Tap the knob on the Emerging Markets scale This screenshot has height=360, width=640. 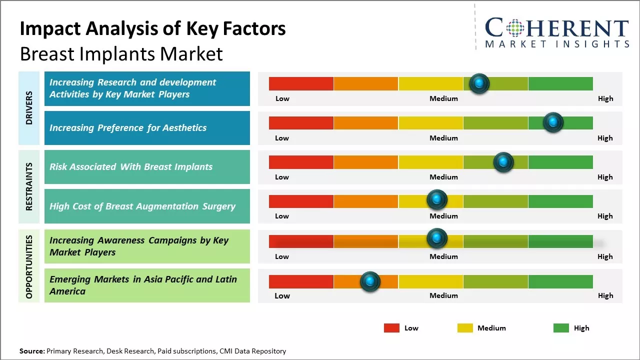tap(370, 281)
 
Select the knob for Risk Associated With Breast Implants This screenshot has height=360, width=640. tap(503, 162)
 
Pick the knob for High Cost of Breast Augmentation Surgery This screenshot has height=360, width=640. tap(437, 200)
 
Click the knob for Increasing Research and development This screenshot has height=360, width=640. tap(479, 83)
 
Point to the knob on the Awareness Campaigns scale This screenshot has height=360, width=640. tap(437, 238)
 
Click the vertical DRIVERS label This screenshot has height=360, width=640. tap(29, 108)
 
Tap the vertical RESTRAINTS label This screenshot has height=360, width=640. tap(29, 186)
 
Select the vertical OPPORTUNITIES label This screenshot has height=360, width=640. tap(29, 266)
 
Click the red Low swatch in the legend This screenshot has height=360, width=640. tap(391, 328)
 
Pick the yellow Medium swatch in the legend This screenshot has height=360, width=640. tap(465, 328)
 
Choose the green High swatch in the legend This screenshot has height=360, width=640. tap(561, 328)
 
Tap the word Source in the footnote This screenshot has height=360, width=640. tap(31, 351)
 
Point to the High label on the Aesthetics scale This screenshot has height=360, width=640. tap(605, 138)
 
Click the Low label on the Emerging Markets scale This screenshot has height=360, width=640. tap(282, 295)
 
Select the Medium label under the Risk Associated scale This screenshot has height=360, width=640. tap(443, 177)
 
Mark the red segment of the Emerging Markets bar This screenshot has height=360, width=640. tap(301, 281)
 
